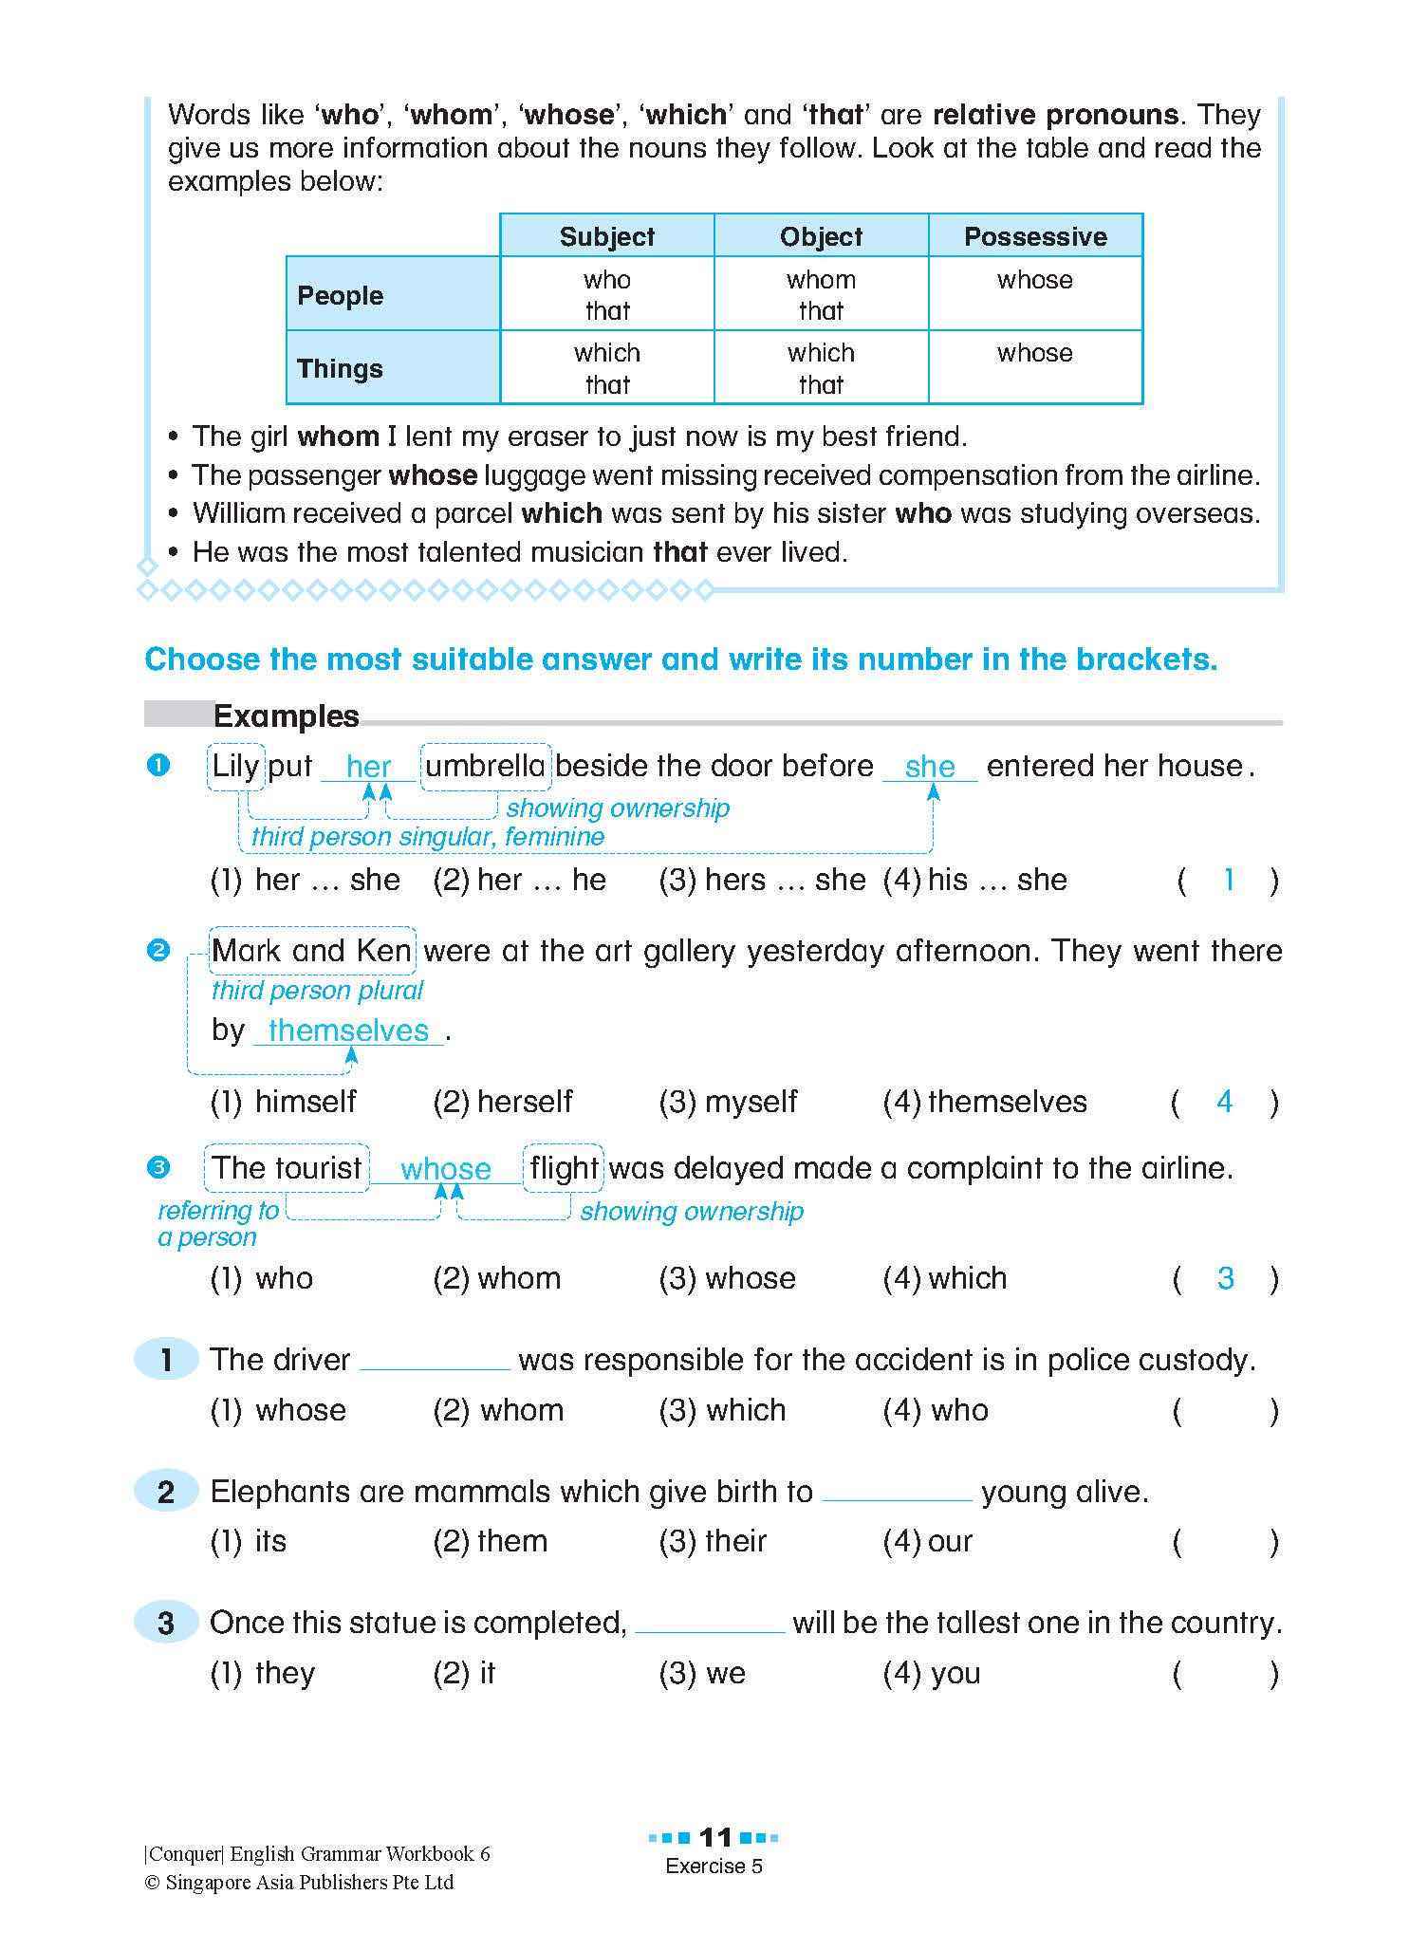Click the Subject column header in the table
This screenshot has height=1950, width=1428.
coord(606,236)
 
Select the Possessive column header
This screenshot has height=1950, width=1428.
coord(1034,236)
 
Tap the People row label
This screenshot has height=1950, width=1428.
coord(340,295)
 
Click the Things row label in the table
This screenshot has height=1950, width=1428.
coord(340,368)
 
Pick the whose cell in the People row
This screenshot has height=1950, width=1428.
coord(1034,280)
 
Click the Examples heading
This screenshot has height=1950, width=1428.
coord(286,715)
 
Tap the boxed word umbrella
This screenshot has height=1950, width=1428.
coord(485,766)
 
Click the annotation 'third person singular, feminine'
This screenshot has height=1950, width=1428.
coord(427,837)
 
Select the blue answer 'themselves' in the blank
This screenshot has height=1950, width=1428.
coord(348,1031)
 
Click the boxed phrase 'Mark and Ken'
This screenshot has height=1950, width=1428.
coord(311,951)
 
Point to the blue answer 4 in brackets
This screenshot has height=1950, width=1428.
coord(1224,1102)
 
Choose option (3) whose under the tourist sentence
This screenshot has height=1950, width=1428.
coord(728,1278)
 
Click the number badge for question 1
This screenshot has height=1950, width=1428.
coord(166,1360)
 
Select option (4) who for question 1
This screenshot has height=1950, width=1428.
coord(936,1410)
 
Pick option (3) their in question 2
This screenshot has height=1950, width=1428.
coord(714,1541)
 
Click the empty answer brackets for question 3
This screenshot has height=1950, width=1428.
coord(1225,1674)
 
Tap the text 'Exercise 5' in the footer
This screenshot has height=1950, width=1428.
coord(714,1866)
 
